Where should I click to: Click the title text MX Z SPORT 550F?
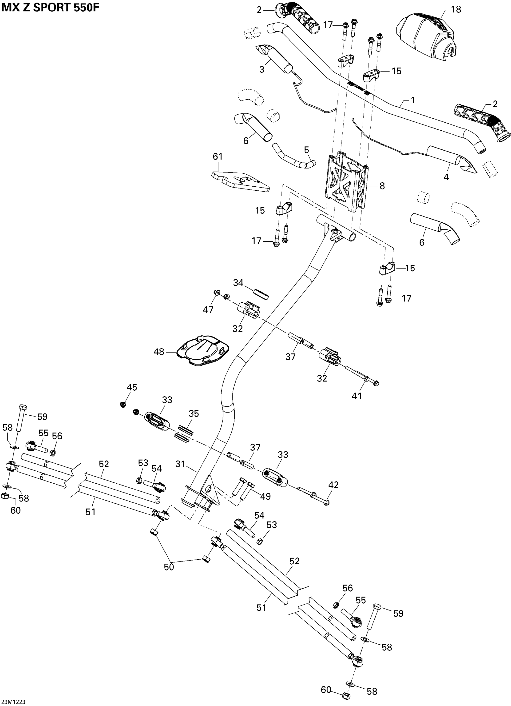point(50,8)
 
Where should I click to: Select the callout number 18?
point(456,10)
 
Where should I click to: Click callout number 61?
point(218,156)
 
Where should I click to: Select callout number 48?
point(159,352)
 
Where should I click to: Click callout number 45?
point(132,387)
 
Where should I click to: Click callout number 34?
point(238,283)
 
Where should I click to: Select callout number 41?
point(357,396)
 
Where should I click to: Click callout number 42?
point(333,485)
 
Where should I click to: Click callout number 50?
point(169,567)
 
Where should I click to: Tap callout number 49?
point(265,497)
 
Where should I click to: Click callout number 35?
point(194,414)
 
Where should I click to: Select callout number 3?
point(262,69)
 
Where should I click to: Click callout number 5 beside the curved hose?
point(307,150)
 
